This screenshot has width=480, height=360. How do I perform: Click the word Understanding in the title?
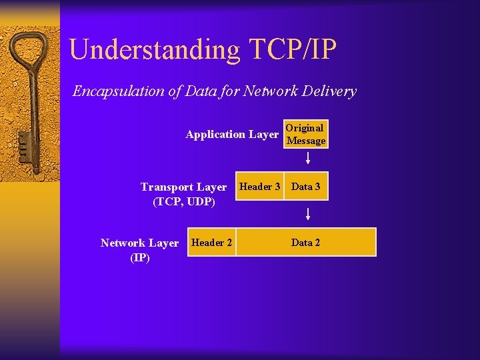[x=155, y=51]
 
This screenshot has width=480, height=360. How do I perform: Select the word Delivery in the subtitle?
[x=331, y=91]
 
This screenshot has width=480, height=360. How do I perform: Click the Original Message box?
[x=305, y=134]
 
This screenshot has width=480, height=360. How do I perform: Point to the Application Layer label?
[x=231, y=135]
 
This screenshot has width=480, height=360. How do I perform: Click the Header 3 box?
[x=259, y=187]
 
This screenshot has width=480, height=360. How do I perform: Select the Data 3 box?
[x=306, y=187]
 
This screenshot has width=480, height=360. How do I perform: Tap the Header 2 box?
[x=211, y=243]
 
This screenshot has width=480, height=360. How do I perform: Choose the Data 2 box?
[x=305, y=243]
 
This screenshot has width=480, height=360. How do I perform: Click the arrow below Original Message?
[x=308, y=159]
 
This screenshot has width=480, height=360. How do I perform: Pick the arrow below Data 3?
[x=308, y=214]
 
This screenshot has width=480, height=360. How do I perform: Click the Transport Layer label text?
[x=183, y=187]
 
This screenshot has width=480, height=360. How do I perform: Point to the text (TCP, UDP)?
[x=184, y=201]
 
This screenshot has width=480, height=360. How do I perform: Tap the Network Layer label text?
[x=139, y=243]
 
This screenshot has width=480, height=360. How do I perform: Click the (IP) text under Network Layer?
[x=140, y=257]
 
